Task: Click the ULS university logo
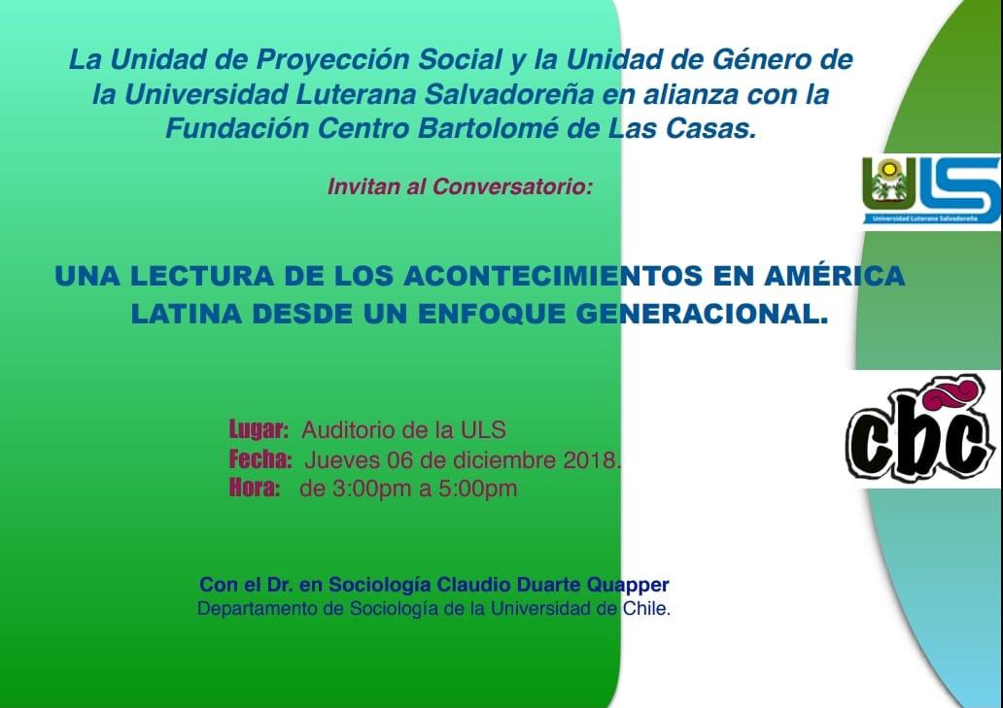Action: (x=931, y=189)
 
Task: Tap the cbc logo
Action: (x=922, y=427)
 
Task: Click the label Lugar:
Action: (x=259, y=429)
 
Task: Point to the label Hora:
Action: (x=255, y=489)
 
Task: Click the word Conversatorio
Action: (x=512, y=186)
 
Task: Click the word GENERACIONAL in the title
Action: (x=697, y=314)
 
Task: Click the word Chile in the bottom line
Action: (x=644, y=608)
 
